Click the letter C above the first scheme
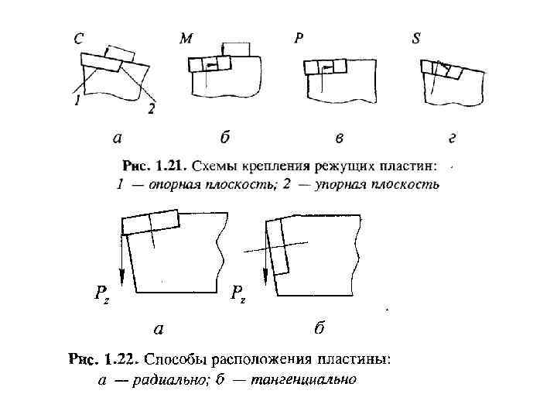click(x=79, y=39)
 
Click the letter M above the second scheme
click(x=186, y=39)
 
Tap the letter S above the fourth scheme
click(x=416, y=39)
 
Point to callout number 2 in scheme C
click(x=151, y=110)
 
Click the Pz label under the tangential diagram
click(x=237, y=294)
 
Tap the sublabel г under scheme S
click(x=452, y=139)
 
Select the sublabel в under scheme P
click(x=339, y=139)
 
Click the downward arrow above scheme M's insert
click(x=221, y=49)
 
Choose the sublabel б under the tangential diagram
click(x=318, y=329)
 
